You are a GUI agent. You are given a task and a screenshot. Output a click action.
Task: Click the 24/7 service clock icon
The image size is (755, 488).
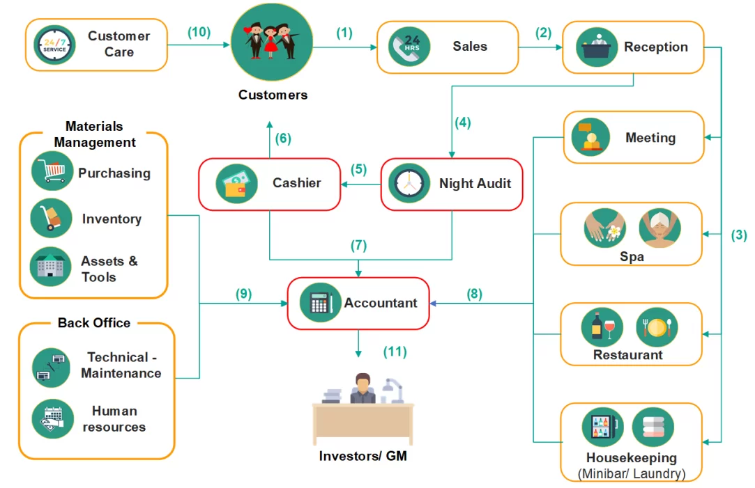[55, 45]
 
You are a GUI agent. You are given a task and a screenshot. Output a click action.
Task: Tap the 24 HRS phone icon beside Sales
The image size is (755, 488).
[409, 47]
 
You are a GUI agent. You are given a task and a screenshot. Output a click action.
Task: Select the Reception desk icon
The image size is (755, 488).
[597, 47]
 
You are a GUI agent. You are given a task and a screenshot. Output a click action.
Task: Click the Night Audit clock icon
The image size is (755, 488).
[409, 184]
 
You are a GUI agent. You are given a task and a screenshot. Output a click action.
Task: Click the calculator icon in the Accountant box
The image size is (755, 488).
[320, 304]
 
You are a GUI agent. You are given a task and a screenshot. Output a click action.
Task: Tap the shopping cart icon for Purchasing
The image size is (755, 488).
[52, 171]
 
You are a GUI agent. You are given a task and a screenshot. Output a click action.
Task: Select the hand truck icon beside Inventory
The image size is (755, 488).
[52, 219]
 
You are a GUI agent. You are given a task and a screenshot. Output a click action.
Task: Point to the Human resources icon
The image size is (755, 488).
[52, 418]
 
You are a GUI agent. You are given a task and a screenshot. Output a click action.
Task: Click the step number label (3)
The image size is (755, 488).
[738, 235]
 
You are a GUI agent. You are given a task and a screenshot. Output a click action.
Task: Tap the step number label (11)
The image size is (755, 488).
[395, 352]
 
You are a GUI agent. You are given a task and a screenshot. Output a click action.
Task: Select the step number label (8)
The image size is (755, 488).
[474, 294]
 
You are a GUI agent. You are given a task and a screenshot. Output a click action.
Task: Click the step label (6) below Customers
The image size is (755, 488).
[282, 139]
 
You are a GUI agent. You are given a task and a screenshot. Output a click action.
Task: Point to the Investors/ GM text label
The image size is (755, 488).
[363, 456]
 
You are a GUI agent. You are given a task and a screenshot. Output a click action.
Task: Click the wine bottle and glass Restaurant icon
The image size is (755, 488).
[602, 327]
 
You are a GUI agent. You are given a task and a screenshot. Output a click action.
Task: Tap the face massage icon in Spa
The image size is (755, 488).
[659, 228]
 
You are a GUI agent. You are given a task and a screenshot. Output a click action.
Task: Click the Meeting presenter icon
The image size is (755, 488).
[590, 137]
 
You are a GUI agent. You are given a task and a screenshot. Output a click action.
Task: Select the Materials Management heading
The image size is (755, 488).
[95, 134]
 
